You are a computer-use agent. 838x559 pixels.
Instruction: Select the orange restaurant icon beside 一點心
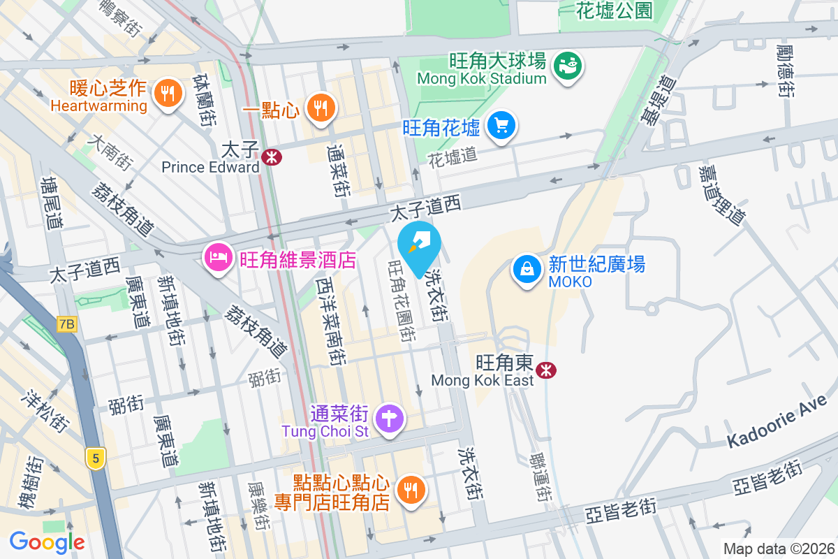pos(321,108)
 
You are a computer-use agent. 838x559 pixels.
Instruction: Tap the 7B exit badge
pos(66,324)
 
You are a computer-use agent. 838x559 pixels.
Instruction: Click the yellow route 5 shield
pos(95,458)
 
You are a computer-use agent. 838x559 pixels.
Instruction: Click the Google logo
pos(47,542)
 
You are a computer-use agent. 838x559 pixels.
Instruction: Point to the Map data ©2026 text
pos(778,549)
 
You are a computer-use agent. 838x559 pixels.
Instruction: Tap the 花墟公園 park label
pos(615,10)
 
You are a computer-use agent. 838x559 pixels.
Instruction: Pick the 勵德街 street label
pos(785,71)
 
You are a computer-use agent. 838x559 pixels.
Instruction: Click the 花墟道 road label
pos(453,156)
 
